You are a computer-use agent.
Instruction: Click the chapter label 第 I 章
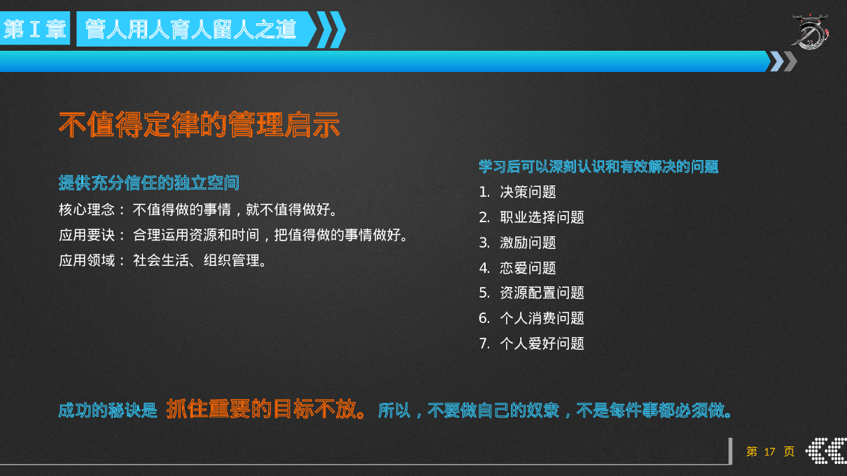[x=35, y=29]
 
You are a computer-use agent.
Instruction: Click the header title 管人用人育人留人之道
[x=191, y=29]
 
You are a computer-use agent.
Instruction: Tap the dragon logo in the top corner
[x=811, y=32]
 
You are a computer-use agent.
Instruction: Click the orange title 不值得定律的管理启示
[x=199, y=124]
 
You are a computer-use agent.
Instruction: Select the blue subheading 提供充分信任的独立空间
[x=149, y=183]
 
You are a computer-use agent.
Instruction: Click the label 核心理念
[x=87, y=209]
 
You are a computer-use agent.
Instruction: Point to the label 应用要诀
[x=87, y=235]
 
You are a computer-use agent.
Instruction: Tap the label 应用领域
[x=87, y=260]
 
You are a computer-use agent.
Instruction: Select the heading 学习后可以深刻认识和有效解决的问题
[x=599, y=166]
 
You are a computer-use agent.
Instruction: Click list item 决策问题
[x=528, y=192]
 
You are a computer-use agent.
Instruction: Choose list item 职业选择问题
[x=542, y=217]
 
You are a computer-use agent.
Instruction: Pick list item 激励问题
[x=528, y=243]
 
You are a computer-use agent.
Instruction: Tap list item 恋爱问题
[x=528, y=268]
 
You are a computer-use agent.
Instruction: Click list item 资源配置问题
[x=542, y=293]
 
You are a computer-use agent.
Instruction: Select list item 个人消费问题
[x=542, y=318]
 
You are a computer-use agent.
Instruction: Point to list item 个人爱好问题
[x=542, y=343]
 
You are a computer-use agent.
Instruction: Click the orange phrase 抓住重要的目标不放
[x=262, y=409]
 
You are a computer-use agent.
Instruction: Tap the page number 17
[x=769, y=452]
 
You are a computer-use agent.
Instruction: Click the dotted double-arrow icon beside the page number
[x=826, y=451]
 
